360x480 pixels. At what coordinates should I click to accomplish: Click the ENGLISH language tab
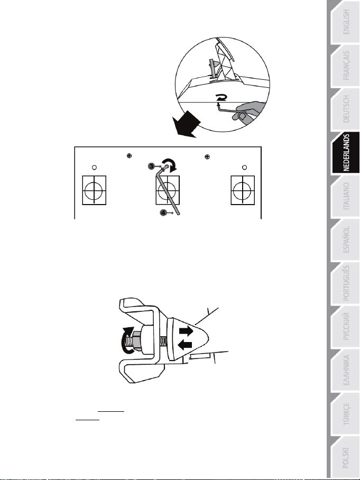pyautogui.click(x=345, y=22)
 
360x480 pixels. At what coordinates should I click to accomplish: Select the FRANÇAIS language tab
pyautogui.click(x=345, y=66)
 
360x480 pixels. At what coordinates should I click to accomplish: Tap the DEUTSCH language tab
pyautogui.click(x=345, y=109)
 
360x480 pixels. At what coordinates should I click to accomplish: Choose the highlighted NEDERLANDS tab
pyautogui.click(x=345, y=153)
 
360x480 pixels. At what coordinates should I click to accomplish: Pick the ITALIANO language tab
pyautogui.click(x=345, y=196)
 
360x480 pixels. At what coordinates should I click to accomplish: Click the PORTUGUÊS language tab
pyautogui.click(x=345, y=283)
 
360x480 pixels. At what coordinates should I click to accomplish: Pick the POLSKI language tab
pyautogui.click(x=345, y=457)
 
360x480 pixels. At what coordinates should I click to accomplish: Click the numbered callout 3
pyautogui.click(x=152, y=166)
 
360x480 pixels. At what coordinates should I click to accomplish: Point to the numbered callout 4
pyautogui.click(x=163, y=213)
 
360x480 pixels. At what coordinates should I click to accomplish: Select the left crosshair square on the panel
pyautogui.click(x=94, y=190)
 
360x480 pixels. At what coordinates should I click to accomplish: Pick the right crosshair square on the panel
pyautogui.click(x=243, y=190)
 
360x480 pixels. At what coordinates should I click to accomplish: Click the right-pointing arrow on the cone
pyautogui.click(x=186, y=331)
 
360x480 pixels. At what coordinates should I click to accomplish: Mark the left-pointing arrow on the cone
pyautogui.click(x=184, y=345)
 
